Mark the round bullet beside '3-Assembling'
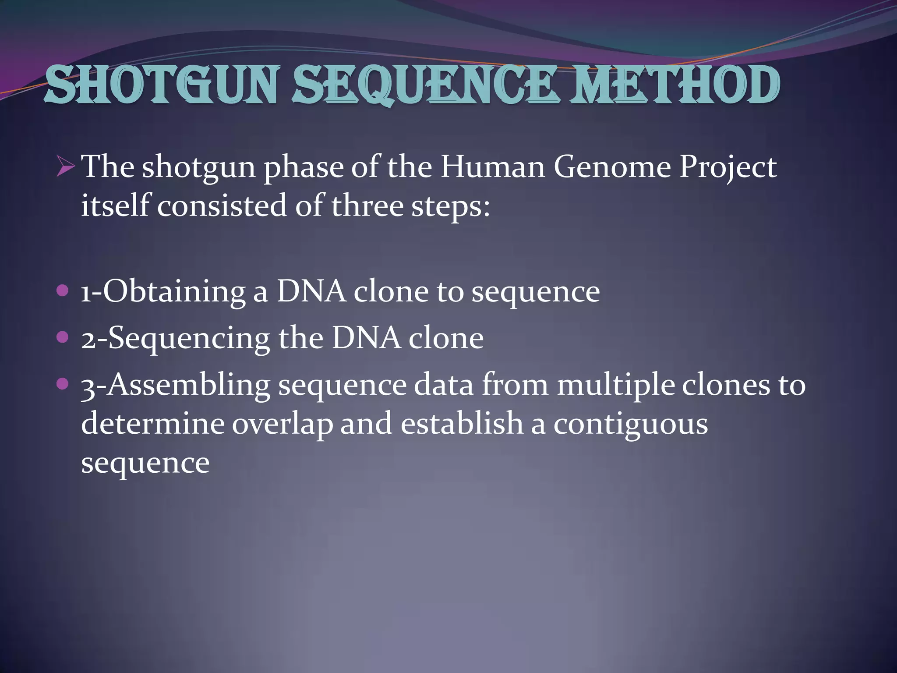(x=63, y=384)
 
